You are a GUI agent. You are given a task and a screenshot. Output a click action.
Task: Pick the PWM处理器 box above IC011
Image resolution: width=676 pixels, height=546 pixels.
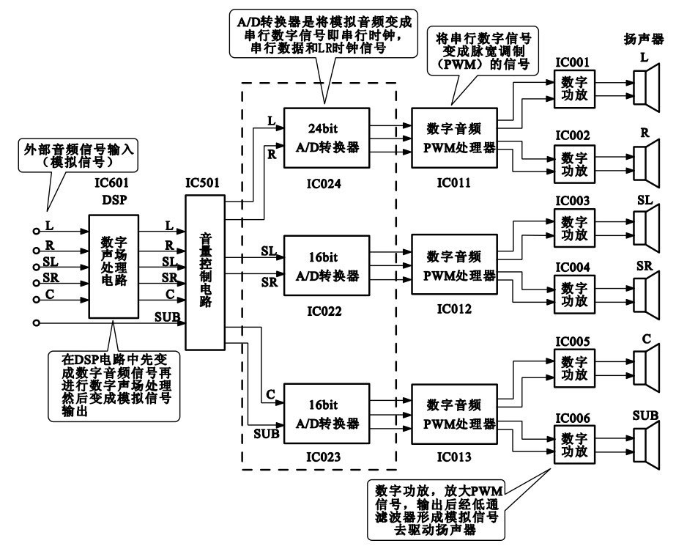click(x=454, y=135)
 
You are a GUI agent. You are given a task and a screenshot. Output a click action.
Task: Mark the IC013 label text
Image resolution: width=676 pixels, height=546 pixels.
click(x=453, y=457)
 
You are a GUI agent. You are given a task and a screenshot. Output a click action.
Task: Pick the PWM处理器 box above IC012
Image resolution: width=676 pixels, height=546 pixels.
click(x=454, y=265)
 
